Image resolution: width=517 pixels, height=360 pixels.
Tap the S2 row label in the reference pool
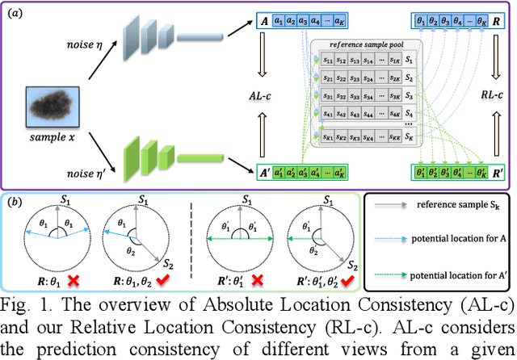[x=410, y=77]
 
